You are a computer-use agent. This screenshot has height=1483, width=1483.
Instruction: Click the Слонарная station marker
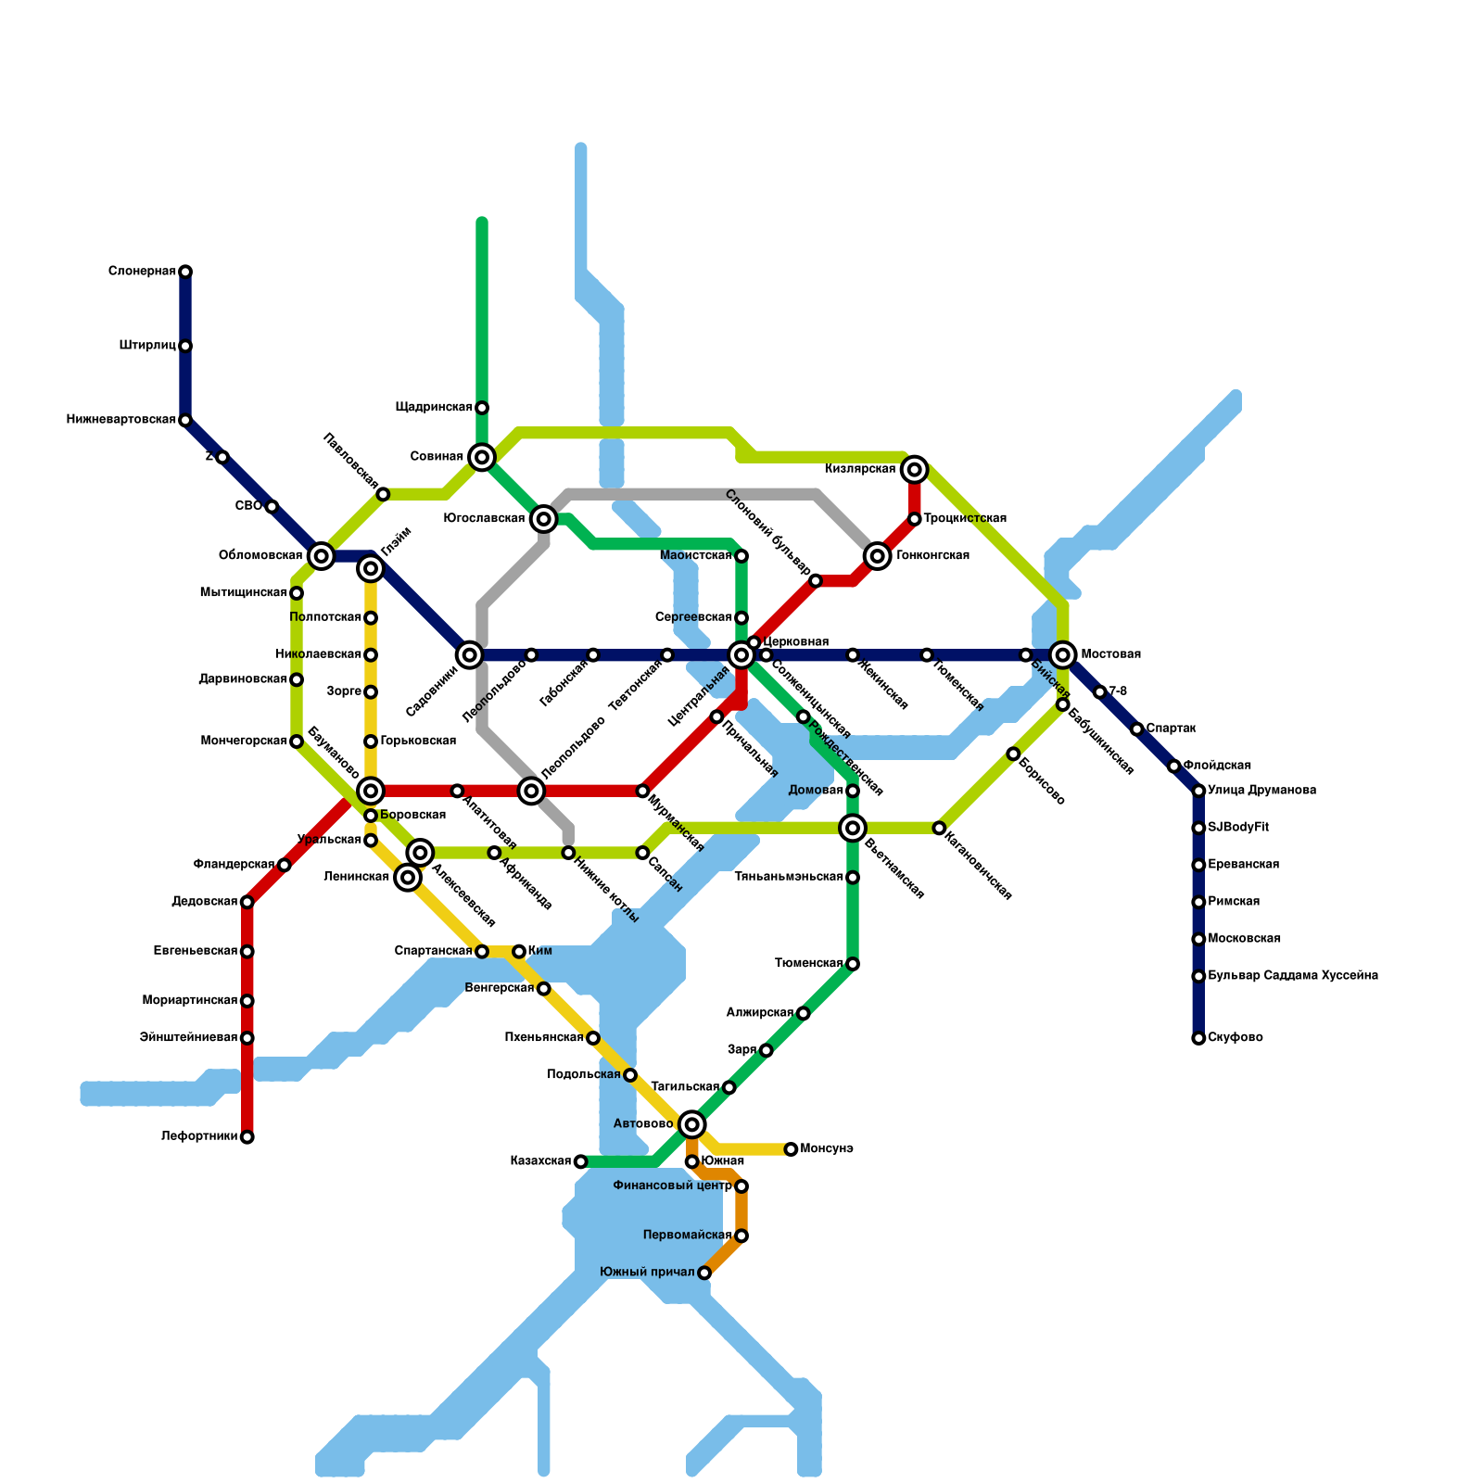tap(185, 272)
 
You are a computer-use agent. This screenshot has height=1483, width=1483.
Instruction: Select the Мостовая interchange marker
tap(1063, 655)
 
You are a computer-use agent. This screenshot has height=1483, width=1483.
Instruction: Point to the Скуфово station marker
tap(1198, 1038)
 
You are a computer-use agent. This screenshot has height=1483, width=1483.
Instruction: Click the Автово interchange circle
tap(691, 1124)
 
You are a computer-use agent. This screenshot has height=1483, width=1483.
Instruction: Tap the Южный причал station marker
tap(704, 1273)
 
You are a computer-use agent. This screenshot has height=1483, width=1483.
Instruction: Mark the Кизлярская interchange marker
tap(915, 470)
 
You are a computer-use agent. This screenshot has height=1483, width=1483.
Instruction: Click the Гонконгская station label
tap(932, 556)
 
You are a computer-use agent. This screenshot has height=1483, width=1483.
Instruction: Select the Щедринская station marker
tap(482, 408)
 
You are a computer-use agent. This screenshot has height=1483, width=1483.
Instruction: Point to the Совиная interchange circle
tap(482, 457)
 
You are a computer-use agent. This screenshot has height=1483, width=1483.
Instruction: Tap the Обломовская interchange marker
tap(322, 556)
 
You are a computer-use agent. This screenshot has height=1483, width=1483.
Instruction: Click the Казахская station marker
tap(580, 1161)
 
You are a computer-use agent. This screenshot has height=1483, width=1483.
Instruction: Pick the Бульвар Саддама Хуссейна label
tap(1293, 976)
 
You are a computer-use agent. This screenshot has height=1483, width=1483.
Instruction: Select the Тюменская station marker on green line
tap(853, 964)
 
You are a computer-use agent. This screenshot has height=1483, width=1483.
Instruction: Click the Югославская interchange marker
tap(544, 519)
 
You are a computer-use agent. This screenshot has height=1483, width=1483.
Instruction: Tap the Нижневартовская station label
tap(121, 420)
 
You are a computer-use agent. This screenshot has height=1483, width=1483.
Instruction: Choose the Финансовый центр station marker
tap(741, 1186)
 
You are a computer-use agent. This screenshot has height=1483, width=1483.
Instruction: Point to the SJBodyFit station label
tap(1238, 828)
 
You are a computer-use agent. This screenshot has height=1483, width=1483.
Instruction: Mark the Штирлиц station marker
tap(185, 346)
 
